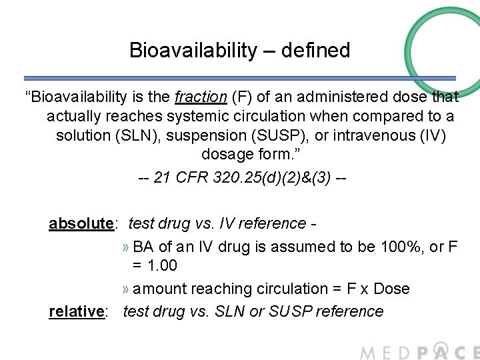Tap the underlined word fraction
tap(201, 97)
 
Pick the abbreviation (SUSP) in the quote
tap(272, 136)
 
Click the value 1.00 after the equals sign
tap(162, 265)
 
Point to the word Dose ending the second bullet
tap(391, 289)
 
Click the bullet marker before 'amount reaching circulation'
tap(126, 289)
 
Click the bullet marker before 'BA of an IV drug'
tap(126, 247)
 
